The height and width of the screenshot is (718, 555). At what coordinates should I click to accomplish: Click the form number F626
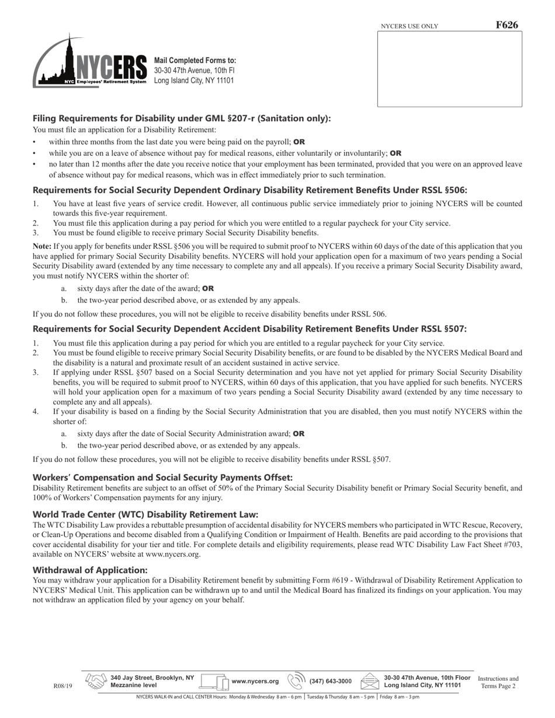point(507,25)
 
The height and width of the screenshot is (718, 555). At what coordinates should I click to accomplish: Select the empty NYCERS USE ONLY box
point(449,69)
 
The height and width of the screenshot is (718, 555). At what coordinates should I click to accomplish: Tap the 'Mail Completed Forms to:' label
point(195,61)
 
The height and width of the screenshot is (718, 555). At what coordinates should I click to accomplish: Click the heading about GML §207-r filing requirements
point(182,118)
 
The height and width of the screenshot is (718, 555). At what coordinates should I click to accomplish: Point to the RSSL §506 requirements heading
point(250,190)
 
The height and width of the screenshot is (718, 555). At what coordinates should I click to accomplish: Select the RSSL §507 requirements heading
point(249,329)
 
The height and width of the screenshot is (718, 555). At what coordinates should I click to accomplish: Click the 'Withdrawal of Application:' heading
point(90,570)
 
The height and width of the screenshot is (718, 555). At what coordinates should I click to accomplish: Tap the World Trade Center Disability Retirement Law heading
point(145,514)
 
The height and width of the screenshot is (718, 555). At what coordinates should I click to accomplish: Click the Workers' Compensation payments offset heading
point(162,477)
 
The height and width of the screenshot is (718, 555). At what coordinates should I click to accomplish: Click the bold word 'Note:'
point(42,246)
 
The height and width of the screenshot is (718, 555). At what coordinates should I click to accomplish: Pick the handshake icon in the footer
point(96,681)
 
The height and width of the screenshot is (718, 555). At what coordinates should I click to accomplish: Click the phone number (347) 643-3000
point(331,681)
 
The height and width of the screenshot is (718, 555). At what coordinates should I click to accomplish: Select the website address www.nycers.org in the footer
point(255,681)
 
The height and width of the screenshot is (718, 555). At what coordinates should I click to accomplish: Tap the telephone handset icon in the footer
point(297,681)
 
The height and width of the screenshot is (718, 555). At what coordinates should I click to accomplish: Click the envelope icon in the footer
point(370,681)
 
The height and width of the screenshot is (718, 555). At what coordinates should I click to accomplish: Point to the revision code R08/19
point(63,686)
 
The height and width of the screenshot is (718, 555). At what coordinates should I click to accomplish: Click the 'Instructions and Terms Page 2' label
point(498,682)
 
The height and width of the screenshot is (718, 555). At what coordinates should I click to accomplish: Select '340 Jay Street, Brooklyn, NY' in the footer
point(152,678)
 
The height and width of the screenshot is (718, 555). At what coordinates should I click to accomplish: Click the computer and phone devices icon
point(214,681)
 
